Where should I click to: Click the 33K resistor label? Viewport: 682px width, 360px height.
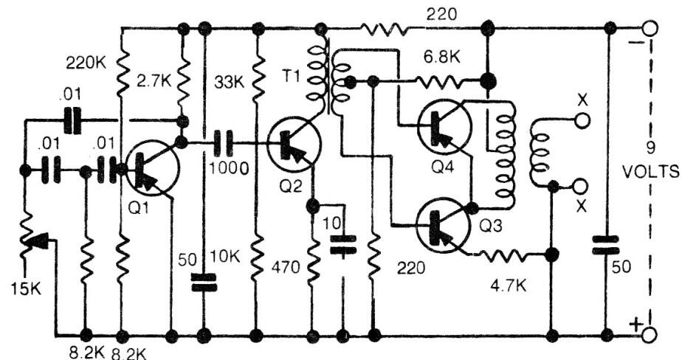pos(229,78)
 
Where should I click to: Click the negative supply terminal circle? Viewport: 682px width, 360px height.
pos(650,29)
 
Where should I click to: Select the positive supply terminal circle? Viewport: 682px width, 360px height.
pos(650,336)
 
